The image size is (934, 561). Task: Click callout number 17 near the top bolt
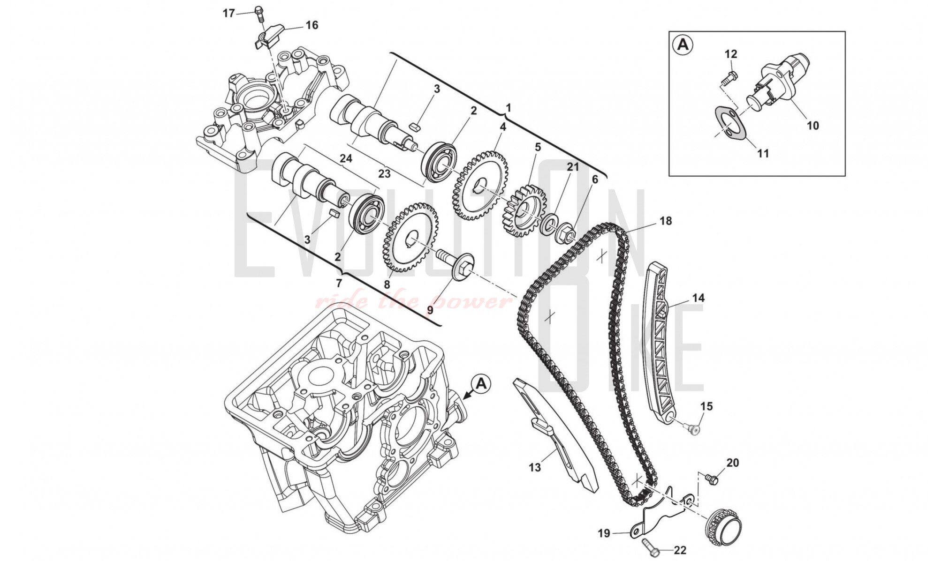pos(228,13)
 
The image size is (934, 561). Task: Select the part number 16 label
pos(311,25)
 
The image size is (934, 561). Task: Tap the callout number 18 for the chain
pos(665,220)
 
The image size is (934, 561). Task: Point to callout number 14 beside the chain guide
pos(698,298)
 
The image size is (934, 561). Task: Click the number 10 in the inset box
pos(813,126)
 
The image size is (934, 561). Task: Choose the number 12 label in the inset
pos(731,54)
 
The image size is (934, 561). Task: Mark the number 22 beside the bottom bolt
pos(680,550)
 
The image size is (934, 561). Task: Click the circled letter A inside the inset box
pos(683,45)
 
